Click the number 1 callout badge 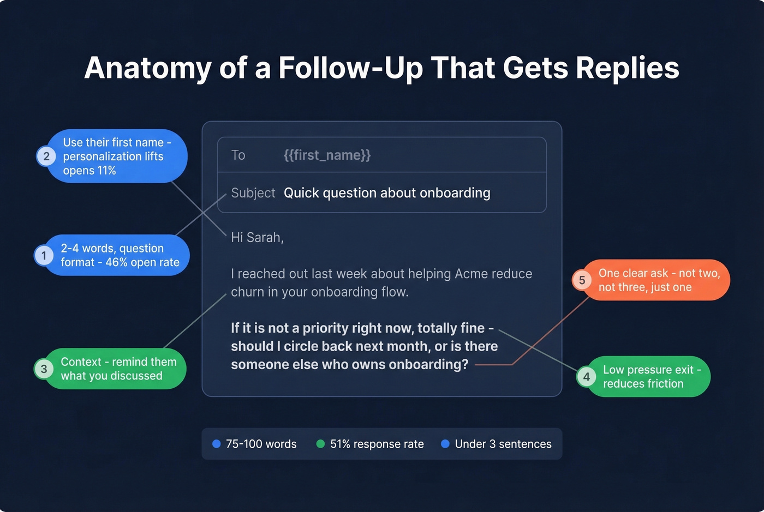(x=44, y=255)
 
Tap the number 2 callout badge (x=46, y=156)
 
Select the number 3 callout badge (x=44, y=369)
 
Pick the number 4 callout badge (x=586, y=377)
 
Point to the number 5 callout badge (x=582, y=280)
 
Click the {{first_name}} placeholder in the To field (x=327, y=155)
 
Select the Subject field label (x=253, y=193)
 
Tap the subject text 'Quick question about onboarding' (x=387, y=193)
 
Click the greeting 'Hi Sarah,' (x=257, y=238)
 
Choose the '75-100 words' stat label (x=261, y=444)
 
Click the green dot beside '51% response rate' (x=321, y=444)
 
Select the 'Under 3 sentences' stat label (x=503, y=444)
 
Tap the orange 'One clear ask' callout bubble (x=658, y=280)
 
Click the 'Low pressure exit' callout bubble (x=649, y=377)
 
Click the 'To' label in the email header (x=238, y=155)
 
